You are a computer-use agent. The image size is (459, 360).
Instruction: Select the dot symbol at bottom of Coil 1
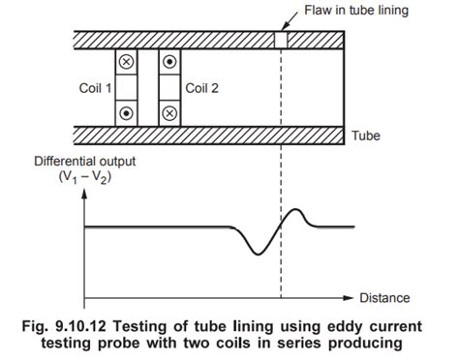tap(125, 111)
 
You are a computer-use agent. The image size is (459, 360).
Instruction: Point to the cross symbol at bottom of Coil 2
tap(169, 111)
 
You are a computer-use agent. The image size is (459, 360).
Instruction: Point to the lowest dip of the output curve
tap(255, 254)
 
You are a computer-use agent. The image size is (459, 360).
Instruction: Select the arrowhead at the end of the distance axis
tap(350, 297)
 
